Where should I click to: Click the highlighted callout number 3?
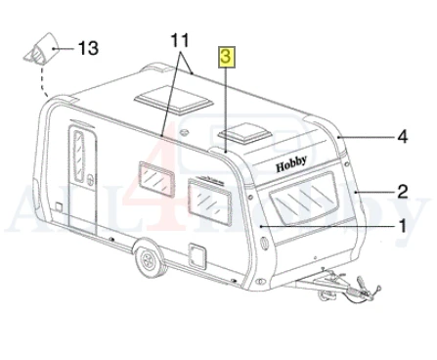tap(227, 57)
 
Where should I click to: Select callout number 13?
tap(88, 48)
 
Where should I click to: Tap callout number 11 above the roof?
tap(180, 40)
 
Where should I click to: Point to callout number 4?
tap(403, 137)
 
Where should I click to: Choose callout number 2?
tap(403, 192)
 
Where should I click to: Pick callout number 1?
tap(403, 226)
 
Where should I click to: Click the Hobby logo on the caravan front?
tap(291, 163)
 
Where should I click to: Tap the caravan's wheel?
tap(150, 259)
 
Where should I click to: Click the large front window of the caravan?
tap(305, 198)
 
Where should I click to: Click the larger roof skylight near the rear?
tap(173, 100)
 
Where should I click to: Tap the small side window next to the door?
tap(156, 178)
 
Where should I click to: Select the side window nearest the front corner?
tap(209, 202)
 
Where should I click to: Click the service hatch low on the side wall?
tap(197, 256)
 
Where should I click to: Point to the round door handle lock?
tap(91, 180)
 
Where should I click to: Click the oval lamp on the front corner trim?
tap(264, 244)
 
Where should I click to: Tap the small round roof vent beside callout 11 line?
tap(185, 132)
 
